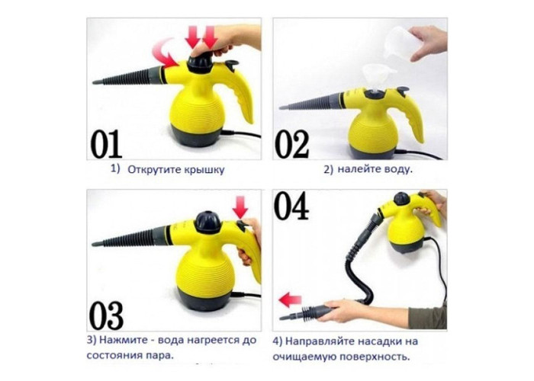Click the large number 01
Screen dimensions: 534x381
tap(106, 144)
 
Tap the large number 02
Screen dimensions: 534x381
tap(292, 145)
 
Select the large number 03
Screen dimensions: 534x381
tap(106, 315)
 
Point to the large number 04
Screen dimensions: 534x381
tap(291, 206)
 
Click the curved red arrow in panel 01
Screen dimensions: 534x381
tap(164, 53)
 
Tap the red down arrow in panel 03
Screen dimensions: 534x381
tap(240, 207)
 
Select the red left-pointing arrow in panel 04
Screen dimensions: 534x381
tap(290, 299)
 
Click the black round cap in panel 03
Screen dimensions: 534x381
tap(207, 222)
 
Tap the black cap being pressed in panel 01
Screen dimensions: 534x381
tap(200, 63)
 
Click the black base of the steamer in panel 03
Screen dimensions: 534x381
tap(204, 299)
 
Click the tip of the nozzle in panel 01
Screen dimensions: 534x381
tap(94, 82)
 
